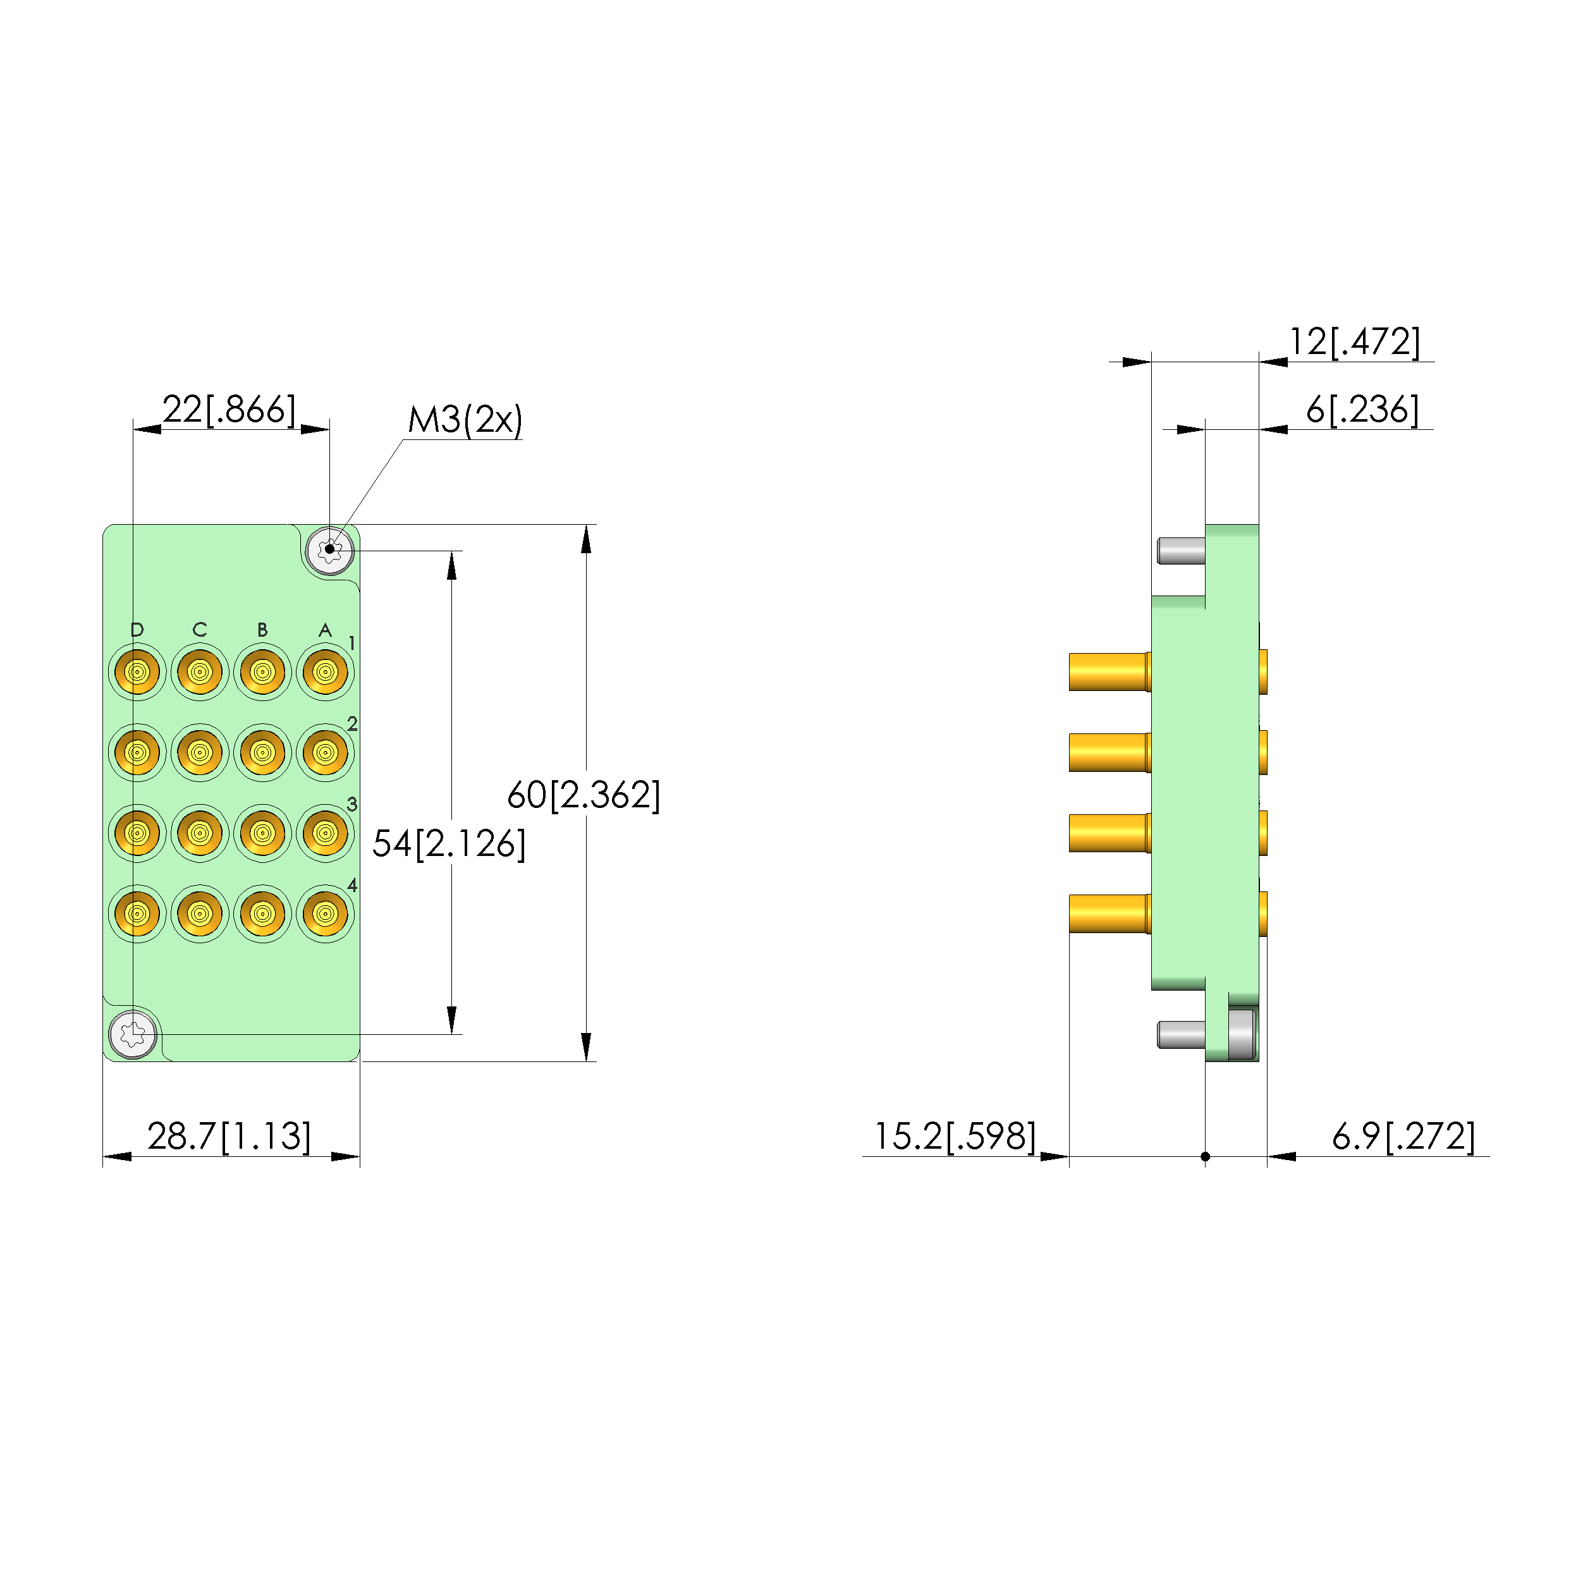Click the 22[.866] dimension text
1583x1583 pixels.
coord(229,410)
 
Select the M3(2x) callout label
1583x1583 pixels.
coord(465,420)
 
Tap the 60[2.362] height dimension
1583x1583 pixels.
coord(584,795)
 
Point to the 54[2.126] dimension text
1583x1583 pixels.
coord(449,844)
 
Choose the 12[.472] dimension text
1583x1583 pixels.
coord(1355,341)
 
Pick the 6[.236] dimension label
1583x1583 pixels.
coord(1362,410)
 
